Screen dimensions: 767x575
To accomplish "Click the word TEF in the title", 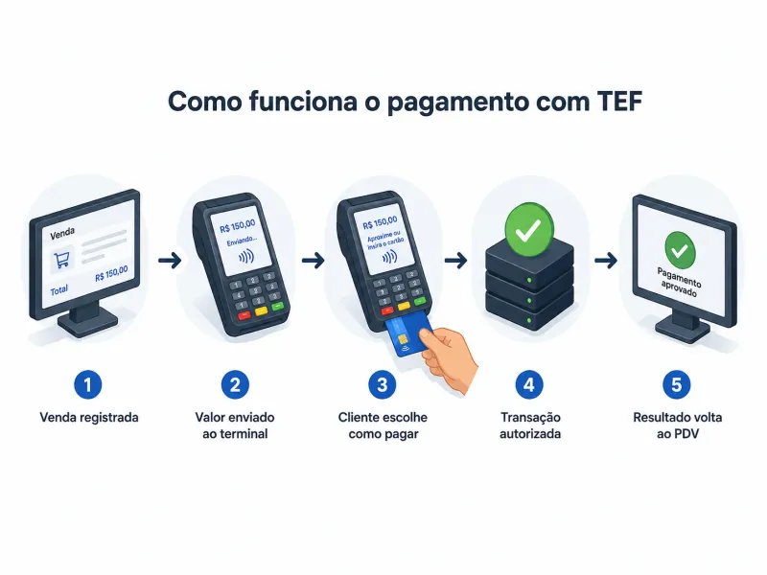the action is [x=618, y=102].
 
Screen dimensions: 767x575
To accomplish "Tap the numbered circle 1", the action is [x=88, y=384].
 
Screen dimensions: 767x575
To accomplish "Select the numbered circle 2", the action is [x=235, y=384].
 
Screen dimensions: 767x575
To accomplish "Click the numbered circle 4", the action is [x=529, y=384].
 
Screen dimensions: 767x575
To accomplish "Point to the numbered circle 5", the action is [x=677, y=384].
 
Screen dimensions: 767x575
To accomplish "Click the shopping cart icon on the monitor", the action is [x=62, y=260].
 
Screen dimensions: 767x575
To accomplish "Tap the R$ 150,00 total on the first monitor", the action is [x=111, y=273].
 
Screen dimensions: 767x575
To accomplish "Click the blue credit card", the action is [x=407, y=334].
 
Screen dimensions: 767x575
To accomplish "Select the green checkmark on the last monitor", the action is [x=680, y=250].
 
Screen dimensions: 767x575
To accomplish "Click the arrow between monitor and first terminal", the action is [x=170, y=260].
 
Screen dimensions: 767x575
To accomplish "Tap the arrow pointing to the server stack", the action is [x=455, y=260].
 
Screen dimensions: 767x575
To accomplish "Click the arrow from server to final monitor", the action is [x=606, y=260].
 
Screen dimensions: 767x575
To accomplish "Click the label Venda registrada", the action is [x=89, y=417].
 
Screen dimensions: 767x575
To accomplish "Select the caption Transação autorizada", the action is [x=530, y=425].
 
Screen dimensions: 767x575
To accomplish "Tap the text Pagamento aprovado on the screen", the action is [x=679, y=283].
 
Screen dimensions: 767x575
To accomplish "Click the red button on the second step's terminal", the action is [x=244, y=315].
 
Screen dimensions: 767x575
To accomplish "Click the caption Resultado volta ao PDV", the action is [x=678, y=425].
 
